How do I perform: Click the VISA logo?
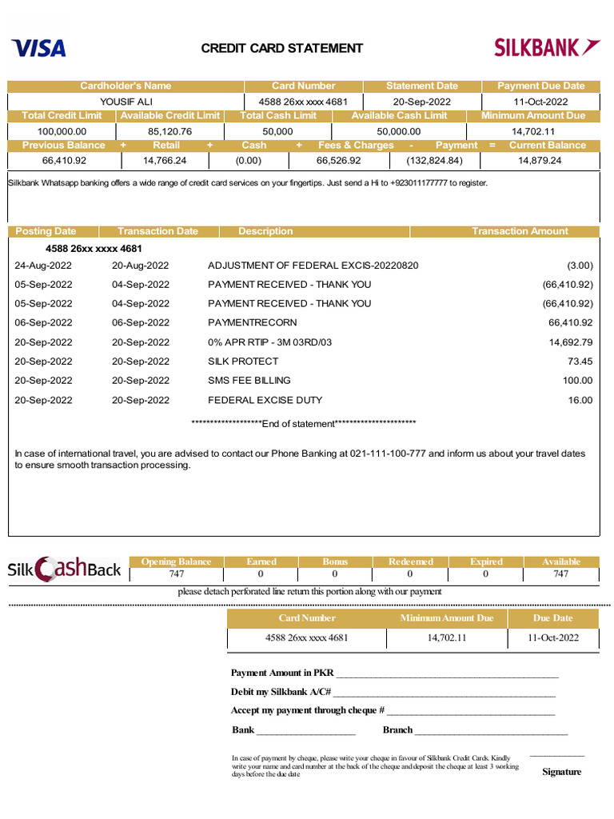(39, 48)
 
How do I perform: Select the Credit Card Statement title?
(281, 48)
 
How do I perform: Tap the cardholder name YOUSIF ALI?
(126, 102)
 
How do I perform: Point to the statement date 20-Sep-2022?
(421, 102)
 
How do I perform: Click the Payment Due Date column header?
(540, 86)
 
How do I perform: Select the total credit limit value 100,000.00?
(62, 131)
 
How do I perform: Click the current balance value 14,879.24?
(540, 160)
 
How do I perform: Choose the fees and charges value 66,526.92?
(339, 160)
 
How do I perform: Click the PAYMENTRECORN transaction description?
(252, 322)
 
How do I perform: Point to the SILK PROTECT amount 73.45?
(580, 362)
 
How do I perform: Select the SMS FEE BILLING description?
(249, 381)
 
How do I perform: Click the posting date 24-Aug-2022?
(43, 266)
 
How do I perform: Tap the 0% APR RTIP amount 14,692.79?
(570, 342)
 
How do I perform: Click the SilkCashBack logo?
(64, 569)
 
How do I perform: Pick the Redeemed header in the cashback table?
(410, 561)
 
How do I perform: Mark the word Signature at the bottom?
(561, 772)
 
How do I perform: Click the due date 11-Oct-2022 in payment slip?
(552, 638)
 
